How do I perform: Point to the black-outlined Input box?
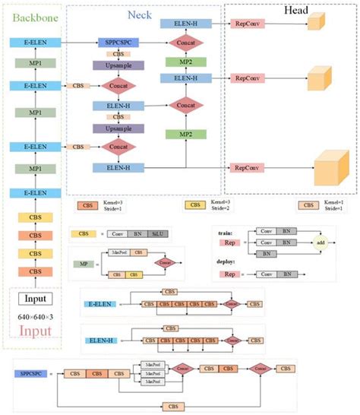pos(28,299)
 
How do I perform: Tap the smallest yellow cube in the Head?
pos(314,24)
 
